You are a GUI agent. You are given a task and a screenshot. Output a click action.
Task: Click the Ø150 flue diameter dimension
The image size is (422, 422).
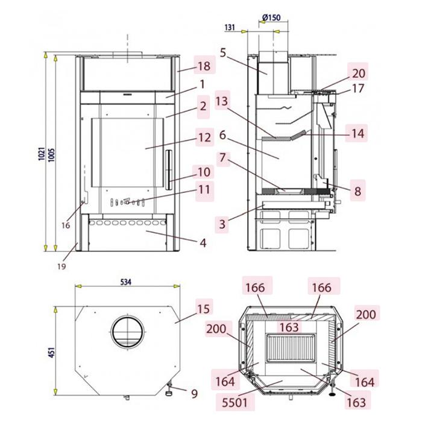point(271,17)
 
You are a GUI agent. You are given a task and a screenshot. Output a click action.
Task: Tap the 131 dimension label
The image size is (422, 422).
point(230,28)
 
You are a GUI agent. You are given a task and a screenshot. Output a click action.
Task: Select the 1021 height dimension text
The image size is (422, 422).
point(42,154)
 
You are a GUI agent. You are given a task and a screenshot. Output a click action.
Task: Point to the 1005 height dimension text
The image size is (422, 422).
point(51,155)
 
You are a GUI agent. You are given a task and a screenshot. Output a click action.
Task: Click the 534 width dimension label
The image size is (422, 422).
point(125,282)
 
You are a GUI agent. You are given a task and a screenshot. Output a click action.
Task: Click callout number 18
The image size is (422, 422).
point(204,66)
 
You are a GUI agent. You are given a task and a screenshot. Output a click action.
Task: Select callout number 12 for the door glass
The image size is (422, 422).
point(204,138)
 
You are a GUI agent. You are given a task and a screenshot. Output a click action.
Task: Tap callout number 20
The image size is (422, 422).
point(359,73)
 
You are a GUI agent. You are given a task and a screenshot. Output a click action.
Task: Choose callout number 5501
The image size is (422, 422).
point(235,403)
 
